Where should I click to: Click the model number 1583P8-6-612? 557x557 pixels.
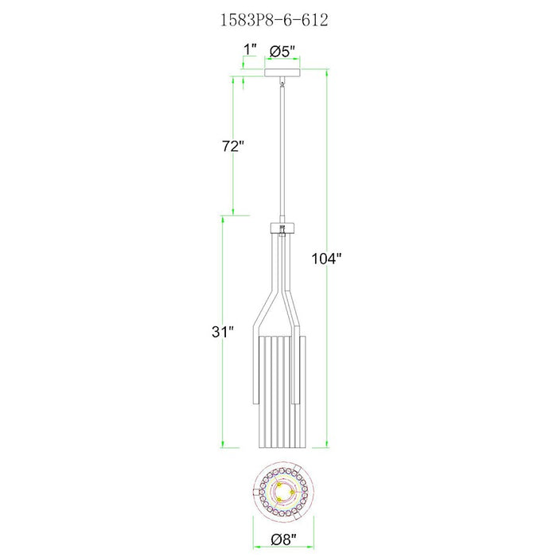[x=275, y=20]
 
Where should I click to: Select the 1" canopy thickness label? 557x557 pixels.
[x=250, y=50]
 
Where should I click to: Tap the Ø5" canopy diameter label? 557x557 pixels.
[x=282, y=52]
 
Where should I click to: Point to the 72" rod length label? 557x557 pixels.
[x=233, y=146]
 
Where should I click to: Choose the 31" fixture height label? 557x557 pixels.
[x=223, y=332]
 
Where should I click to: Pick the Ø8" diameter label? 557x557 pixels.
[x=283, y=540]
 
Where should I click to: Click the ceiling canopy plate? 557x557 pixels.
[x=282, y=72]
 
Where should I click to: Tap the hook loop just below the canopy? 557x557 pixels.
[x=282, y=84]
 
